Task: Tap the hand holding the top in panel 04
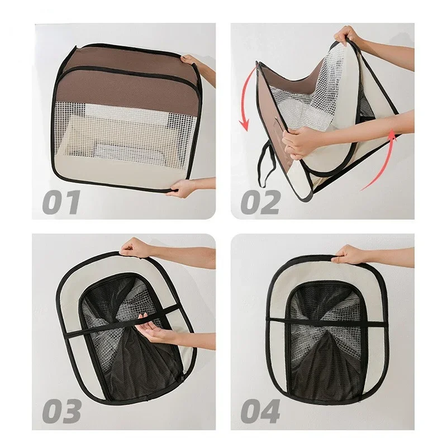click(351, 256)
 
